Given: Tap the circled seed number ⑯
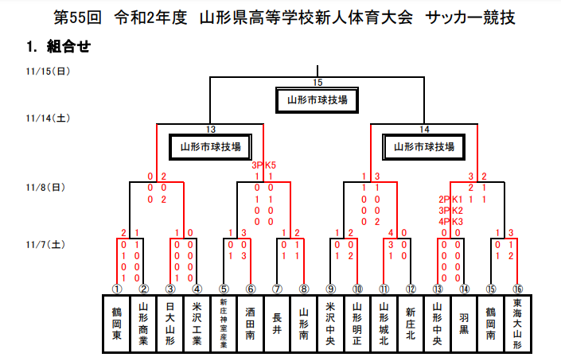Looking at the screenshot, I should [x=517, y=289].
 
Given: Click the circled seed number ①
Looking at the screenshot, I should [x=117, y=289].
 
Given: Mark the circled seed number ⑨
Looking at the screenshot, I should [x=330, y=289].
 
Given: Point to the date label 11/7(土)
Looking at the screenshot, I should [x=46, y=245].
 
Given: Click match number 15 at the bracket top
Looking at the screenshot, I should [x=318, y=83].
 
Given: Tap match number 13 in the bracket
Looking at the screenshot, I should [x=211, y=129].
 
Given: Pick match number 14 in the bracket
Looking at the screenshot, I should [x=424, y=129].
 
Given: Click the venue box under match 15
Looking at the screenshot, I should [x=318, y=100].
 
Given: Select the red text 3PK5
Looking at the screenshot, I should [x=264, y=165].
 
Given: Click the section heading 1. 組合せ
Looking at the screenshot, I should [x=57, y=47].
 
